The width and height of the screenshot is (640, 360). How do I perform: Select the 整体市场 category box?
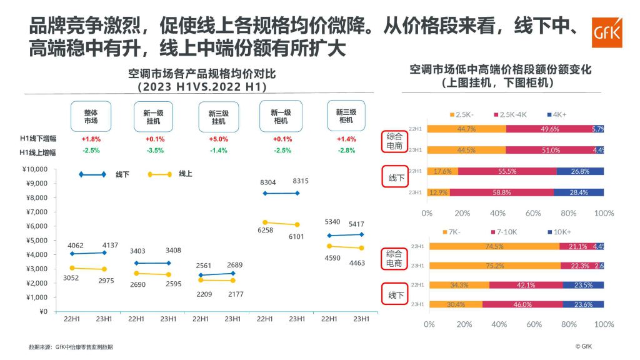click(91, 116)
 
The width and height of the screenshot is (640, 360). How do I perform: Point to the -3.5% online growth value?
click(154, 151)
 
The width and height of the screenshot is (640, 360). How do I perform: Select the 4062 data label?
click(75, 246)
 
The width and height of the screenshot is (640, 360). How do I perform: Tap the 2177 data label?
click(232, 294)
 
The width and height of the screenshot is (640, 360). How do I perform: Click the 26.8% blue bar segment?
click(580, 171)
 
